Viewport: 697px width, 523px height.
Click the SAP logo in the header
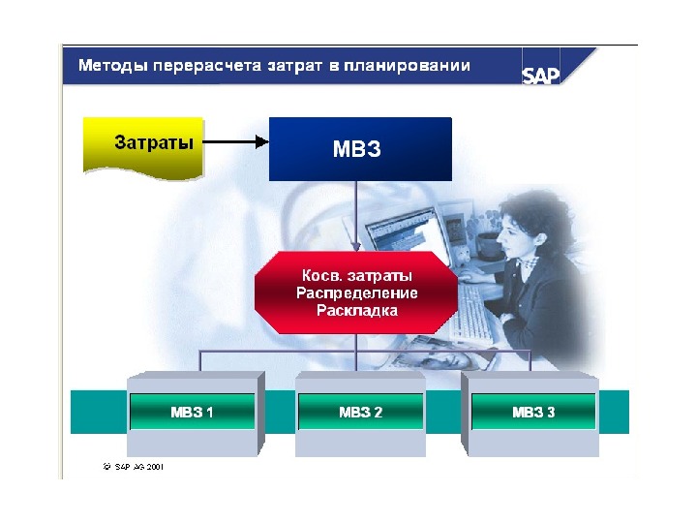click(x=541, y=75)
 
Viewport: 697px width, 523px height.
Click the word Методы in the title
click(x=107, y=66)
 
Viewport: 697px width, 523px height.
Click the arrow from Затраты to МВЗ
click(x=236, y=142)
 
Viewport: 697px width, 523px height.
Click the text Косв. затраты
click(x=355, y=276)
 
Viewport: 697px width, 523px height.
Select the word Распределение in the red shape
click(x=355, y=292)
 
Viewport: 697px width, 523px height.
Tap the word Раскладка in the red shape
click(x=356, y=310)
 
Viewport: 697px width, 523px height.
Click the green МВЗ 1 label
click(x=192, y=412)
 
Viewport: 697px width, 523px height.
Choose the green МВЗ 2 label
click(x=360, y=412)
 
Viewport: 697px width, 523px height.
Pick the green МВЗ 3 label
click(x=533, y=412)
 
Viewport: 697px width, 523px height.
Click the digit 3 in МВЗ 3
click(x=551, y=412)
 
